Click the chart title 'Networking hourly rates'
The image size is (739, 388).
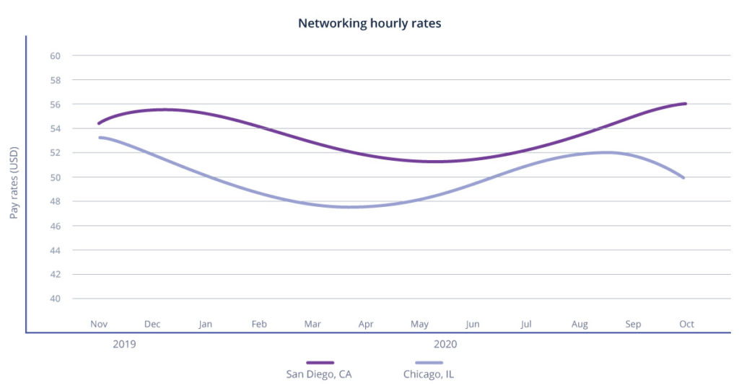369,23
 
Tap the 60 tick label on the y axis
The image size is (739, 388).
56,56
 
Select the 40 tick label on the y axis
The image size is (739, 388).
56,299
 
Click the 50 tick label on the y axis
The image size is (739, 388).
56,177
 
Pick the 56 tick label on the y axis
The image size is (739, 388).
56,104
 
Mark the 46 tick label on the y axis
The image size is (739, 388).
56,226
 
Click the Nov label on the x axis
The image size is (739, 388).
99,325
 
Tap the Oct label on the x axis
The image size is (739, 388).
686,325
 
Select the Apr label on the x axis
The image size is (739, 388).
366,325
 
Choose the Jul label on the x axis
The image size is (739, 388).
526,325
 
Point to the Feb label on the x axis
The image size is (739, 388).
259,325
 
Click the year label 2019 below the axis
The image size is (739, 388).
124,345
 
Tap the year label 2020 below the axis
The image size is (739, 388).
445,345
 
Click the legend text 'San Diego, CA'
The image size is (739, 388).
320,374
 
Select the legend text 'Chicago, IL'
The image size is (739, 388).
429,374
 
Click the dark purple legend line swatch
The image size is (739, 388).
320,362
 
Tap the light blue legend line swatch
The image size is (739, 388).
429,362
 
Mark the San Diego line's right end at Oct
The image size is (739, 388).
685,104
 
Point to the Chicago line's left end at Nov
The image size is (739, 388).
100,137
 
